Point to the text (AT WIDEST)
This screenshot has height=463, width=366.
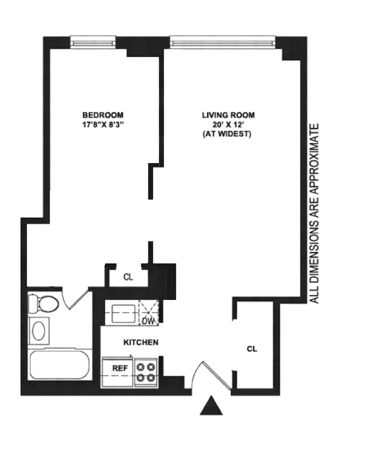pyautogui.click(x=228, y=135)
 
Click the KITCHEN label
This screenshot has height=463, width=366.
pyautogui.click(x=141, y=342)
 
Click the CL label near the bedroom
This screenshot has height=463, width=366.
pyautogui.click(x=128, y=277)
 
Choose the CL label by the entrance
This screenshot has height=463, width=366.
pyautogui.click(x=252, y=349)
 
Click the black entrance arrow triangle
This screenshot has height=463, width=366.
pyautogui.click(x=211, y=406)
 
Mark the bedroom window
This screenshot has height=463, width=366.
pyautogui.click(x=93, y=42)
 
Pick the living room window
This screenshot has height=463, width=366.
pyautogui.click(x=223, y=42)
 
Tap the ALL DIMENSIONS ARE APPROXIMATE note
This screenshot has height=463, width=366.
pyautogui.click(x=314, y=213)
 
